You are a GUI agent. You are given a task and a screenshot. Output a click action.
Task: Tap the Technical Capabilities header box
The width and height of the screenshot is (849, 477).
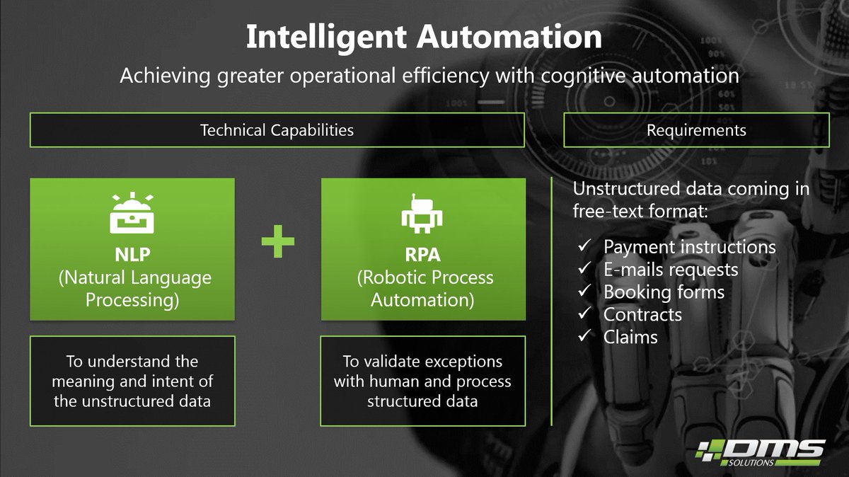pyautogui.click(x=277, y=130)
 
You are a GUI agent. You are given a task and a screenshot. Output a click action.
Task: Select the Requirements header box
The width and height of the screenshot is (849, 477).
pyautogui.click(x=696, y=130)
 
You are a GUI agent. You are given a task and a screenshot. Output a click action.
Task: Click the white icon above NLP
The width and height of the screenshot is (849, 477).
pyautogui.click(x=132, y=212)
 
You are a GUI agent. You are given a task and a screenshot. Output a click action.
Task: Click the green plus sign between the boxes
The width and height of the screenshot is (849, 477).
pyautogui.click(x=277, y=243)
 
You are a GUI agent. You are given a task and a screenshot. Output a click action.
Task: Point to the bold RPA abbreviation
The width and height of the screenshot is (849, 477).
pyautogui.click(x=422, y=254)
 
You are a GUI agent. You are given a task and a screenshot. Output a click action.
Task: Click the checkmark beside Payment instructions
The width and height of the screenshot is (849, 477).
pyautogui.click(x=584, y=247)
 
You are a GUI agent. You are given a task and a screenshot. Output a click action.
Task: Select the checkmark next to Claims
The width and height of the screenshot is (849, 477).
pyautogui.click(x=584, y=337)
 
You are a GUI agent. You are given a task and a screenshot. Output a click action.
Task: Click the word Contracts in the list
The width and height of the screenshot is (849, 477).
pyautogui.click(x=642, y=315)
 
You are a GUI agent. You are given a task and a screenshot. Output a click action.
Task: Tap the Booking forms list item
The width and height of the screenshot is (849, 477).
pyautogui.click(x=664, y=292)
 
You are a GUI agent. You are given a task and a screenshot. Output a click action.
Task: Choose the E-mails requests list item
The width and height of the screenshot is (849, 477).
pyautogui.click(x=671, y=270)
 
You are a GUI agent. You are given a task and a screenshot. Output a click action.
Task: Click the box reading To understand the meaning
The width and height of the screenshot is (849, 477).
pyautogui.click(x=132, y=381)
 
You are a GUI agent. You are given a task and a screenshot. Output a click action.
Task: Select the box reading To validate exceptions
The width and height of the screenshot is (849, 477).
pyautogui.click(x=422, y=381)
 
